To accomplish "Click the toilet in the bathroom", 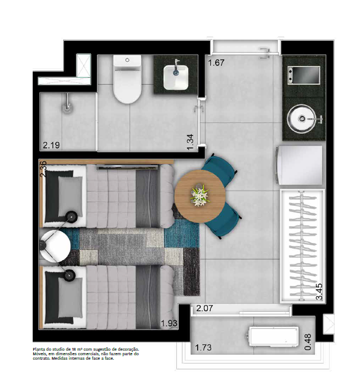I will [127, 81].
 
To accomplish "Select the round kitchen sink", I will [303, 118].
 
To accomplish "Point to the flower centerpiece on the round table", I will [200, 195].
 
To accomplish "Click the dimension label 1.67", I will [216, 63].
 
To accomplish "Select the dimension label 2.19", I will [51, 145].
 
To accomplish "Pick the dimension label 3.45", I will [319, 293].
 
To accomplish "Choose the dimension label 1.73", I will [203, 347].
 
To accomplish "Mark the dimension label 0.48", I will [308, 343].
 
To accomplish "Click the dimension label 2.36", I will [43, 169].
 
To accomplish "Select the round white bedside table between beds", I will [55, 247].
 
